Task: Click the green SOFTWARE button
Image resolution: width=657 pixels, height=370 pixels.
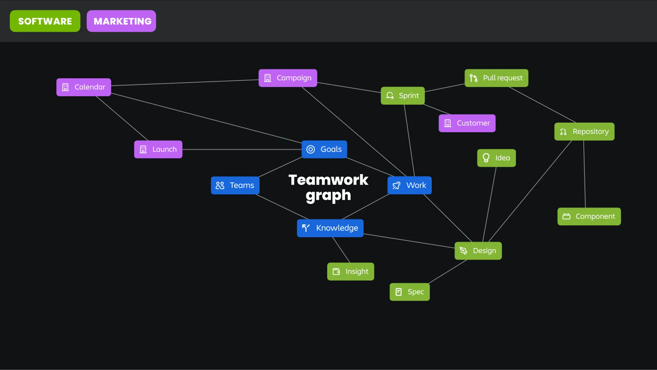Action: tap(45, 21)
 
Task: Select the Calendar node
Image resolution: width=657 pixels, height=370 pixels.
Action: tap(84, 87)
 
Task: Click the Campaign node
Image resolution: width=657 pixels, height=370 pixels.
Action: tap(288, 78)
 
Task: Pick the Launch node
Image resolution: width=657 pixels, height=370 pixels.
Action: tap(158, 149)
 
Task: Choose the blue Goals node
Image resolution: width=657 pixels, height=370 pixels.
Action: tap(324, 149)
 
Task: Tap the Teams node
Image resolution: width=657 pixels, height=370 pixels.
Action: tap(235, 185)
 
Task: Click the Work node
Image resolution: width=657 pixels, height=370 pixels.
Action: tap(409, 185)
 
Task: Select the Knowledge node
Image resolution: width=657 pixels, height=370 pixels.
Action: tap(330, 228)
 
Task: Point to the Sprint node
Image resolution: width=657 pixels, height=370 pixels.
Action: tap(403, 96)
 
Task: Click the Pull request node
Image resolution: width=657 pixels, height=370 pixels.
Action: tap(496, 78)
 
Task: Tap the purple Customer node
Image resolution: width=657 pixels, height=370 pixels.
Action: tap(467, 123)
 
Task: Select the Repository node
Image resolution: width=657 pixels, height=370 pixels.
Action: tap(584, 132)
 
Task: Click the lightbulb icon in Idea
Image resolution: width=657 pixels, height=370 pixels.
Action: tap(486, 158)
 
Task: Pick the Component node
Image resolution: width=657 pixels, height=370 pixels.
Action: tap(589, 216)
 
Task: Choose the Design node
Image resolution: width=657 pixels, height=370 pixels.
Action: tap(478, 251)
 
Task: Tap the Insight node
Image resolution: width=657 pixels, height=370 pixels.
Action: tap(350, 272)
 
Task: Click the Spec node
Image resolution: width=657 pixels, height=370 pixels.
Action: tap(409, 292)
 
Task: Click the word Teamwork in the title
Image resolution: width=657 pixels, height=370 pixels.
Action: tap(328, 180)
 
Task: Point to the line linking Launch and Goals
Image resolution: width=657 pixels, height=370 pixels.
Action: tap(241, 149)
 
